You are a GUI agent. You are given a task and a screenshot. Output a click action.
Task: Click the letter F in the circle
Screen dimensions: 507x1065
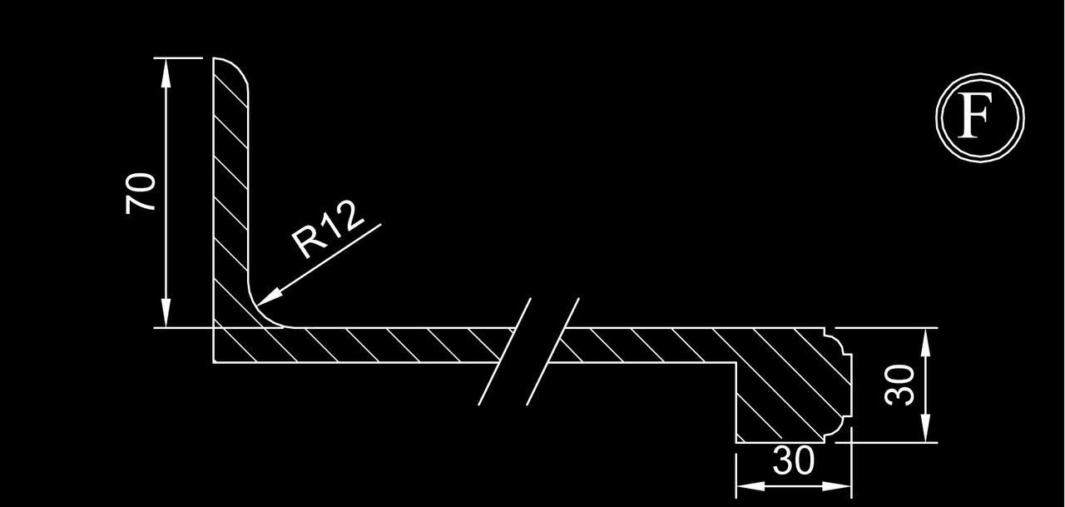coord(978,117)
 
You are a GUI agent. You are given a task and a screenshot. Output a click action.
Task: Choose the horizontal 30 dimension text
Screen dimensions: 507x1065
coord(793,461)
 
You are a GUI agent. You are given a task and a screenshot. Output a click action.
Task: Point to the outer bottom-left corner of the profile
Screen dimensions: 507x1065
coord(215,362)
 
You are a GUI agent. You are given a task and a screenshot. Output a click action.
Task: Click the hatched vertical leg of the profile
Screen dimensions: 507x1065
coord(230,191)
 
